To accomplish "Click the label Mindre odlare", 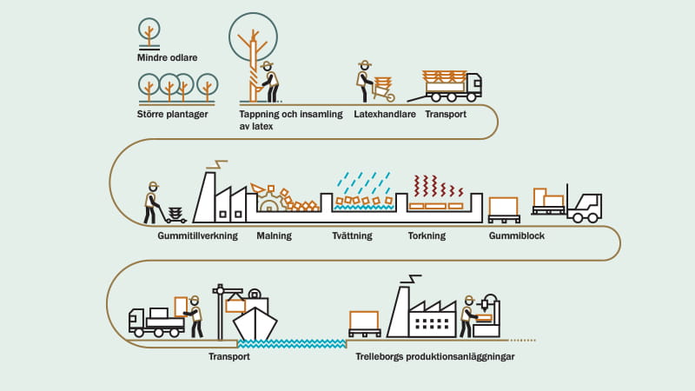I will [167, 57].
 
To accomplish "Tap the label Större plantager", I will [172, 114].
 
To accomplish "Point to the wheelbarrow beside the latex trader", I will [382, 88].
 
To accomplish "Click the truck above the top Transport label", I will [453, 84].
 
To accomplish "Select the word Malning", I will [274, 235].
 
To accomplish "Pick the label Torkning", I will [427, 235].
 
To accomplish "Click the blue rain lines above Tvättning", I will [361, 181].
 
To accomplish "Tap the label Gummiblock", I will [517, 235].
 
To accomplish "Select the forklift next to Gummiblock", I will [584, 204].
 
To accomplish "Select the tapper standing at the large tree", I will [269, 82].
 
